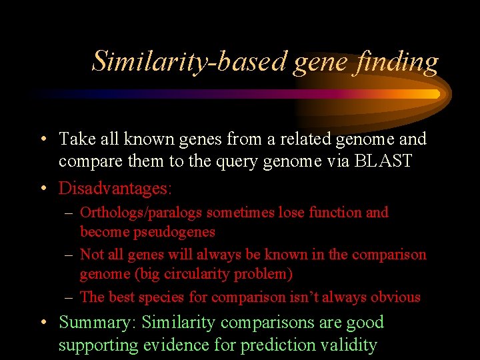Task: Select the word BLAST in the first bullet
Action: (x=388, y=162)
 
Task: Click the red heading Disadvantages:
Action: (x=115, y=189)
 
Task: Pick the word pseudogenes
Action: (x=147, y=231)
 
